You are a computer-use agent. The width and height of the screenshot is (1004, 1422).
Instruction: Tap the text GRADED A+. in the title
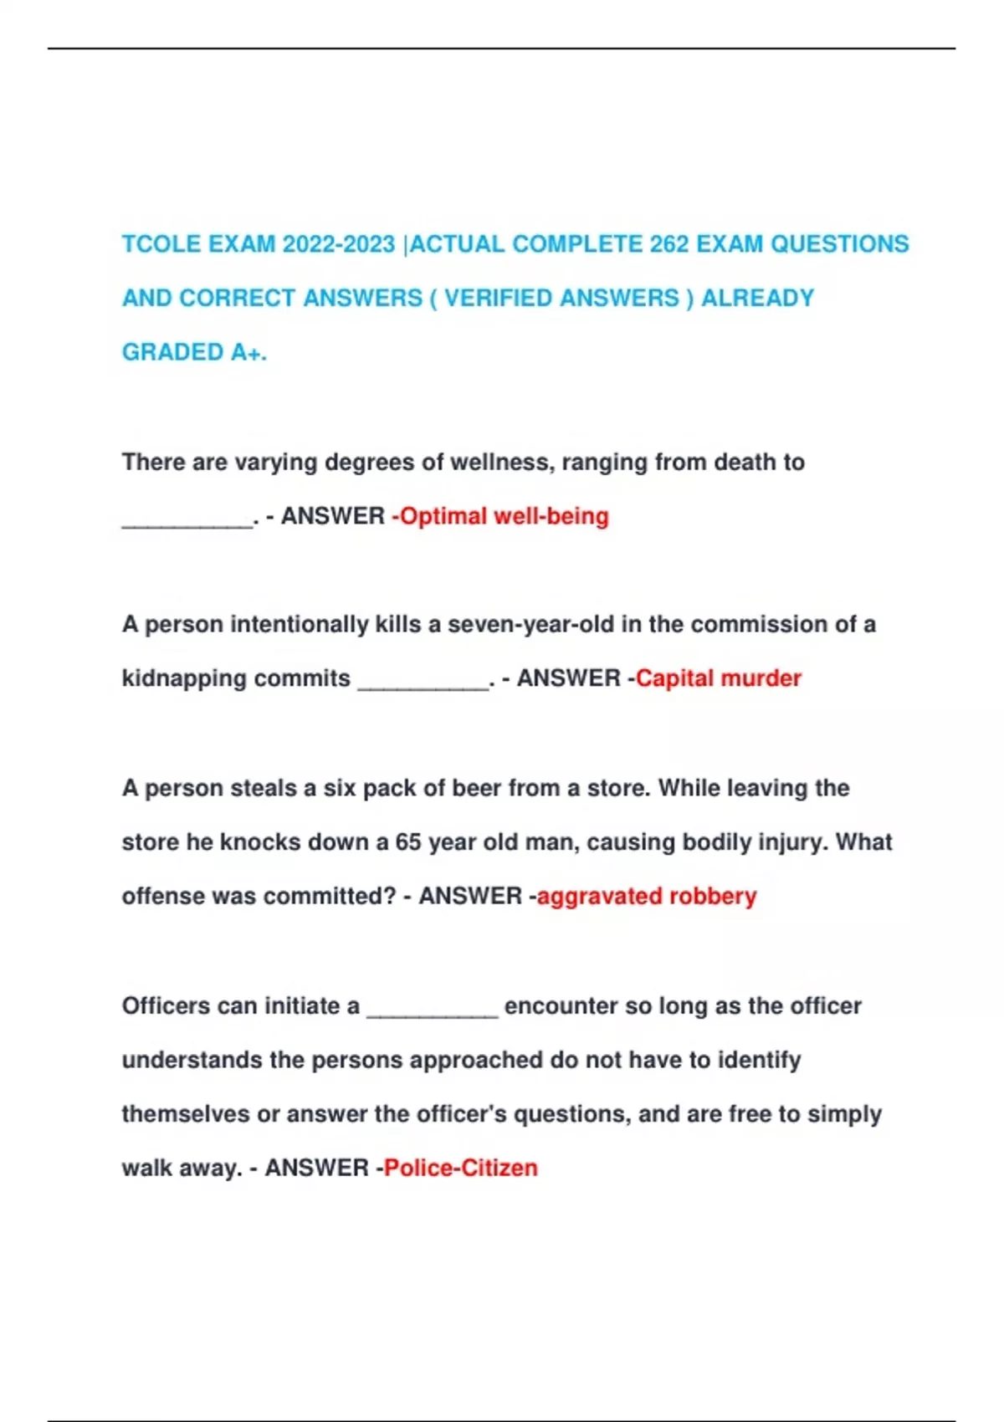[x=194, y=352]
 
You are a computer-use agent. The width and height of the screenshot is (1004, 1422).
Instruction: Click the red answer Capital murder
[x=718, y=678]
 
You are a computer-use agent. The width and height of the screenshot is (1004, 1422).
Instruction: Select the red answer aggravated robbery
[x=646, y=896]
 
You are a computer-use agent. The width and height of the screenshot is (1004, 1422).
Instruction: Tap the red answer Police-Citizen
[x=460, y=1168]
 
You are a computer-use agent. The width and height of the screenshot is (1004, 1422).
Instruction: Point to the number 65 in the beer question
[x=407, y=841]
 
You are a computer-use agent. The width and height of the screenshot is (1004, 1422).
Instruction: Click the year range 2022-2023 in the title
[x=339, y=244]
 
